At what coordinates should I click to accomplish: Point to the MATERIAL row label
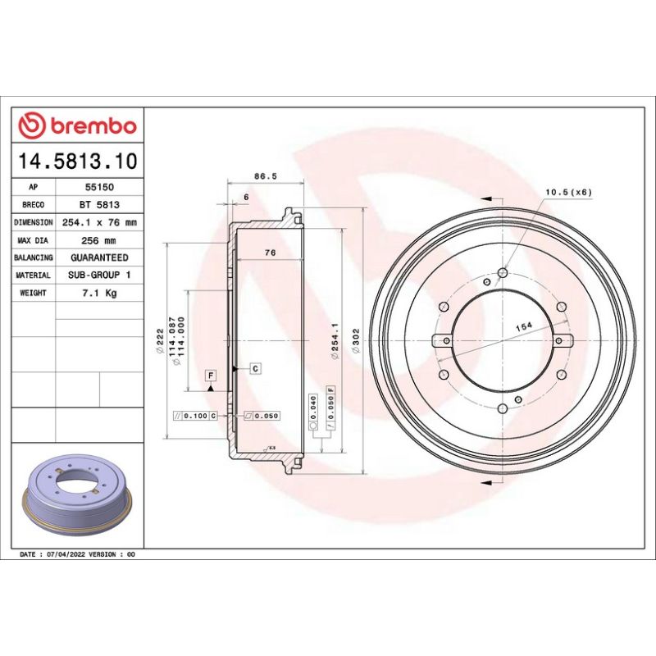coord(34,276)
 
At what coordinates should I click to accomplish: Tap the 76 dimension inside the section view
coord(270,253)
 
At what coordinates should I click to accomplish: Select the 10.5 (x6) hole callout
coord(568,192)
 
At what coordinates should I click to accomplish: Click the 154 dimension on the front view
coord(523,326)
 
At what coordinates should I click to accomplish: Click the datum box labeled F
coord(211,376)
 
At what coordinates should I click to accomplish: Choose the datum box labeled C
coord(255,368)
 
